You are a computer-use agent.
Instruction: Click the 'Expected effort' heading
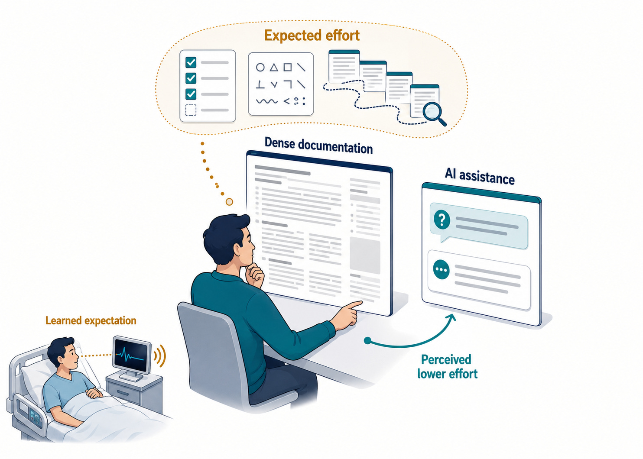point(312,36)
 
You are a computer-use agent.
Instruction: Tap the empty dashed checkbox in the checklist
point(191,110)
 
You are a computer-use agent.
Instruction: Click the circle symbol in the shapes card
point(260,68)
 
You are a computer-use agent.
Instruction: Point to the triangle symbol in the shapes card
point(274,68)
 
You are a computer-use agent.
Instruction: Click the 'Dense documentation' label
point(318,146)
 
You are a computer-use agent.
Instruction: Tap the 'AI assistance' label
point(480,176)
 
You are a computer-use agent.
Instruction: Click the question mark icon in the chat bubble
point(442,220)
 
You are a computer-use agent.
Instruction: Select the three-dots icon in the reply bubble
point(441,270)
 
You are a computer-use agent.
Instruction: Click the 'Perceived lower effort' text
point(447,367)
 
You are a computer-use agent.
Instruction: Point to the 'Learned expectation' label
point(91,320)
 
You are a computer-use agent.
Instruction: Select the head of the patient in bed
point(62,355)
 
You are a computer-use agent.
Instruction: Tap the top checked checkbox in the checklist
point(191,62)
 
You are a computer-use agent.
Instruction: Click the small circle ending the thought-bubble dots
point(229,202)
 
